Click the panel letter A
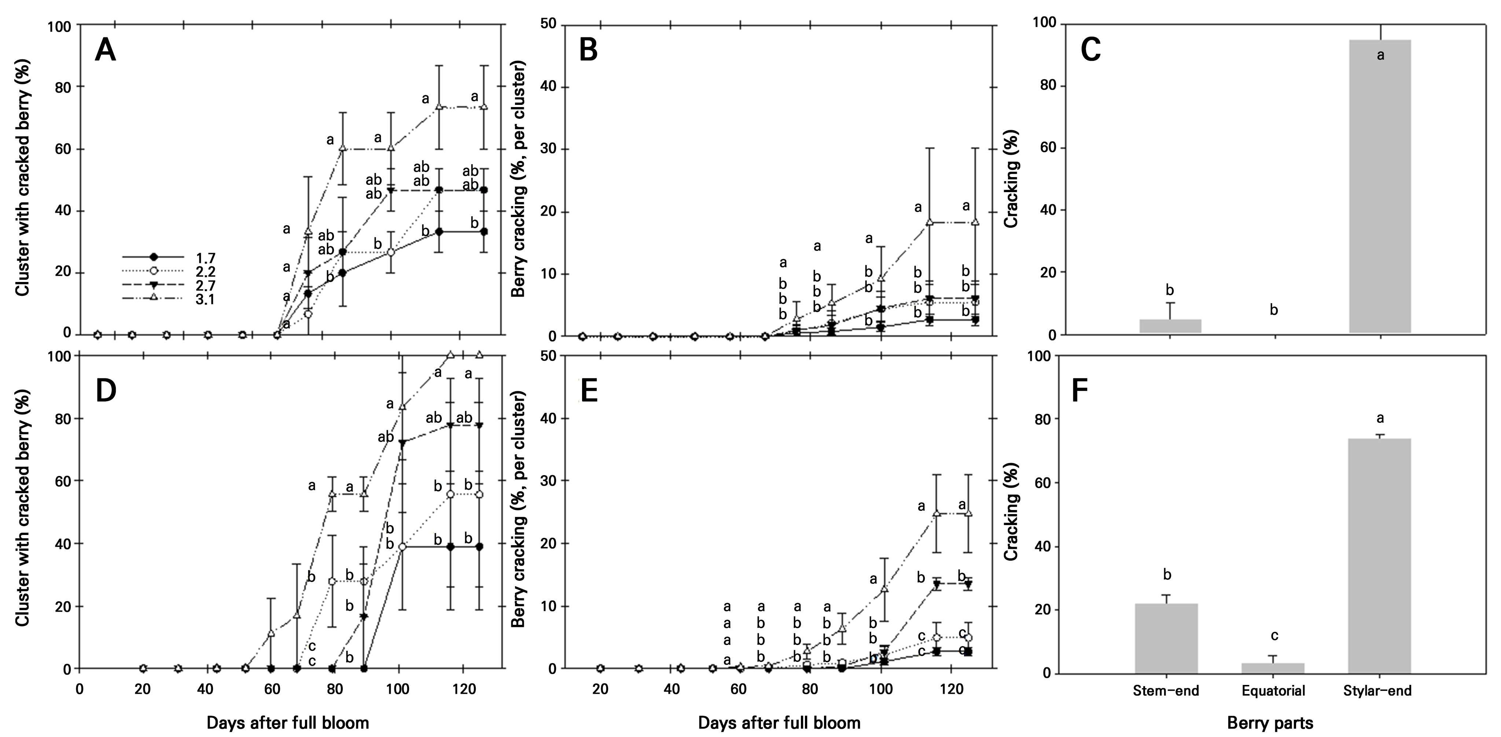(x=106, y=51)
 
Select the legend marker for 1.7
(x=153, y=257)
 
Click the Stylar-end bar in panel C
(x=1380, y=187)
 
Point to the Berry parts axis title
(x=1270, y=723)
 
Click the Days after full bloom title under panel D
(x=288, y=723)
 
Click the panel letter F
(x=1080, y=392)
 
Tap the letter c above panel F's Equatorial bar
(x=1274, y=636)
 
